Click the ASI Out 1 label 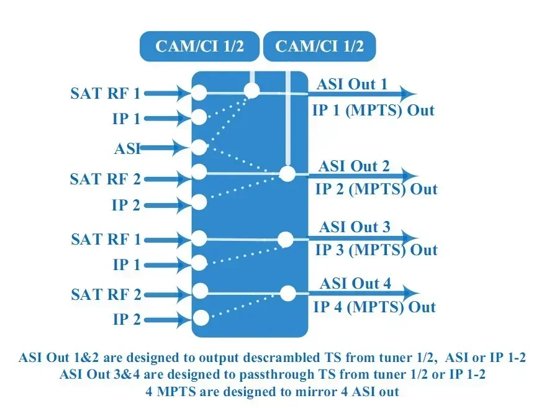click(x=351, y=84)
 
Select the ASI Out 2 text click(x=354, y=166)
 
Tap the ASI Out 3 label click(x=355, y=227)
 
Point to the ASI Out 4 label click(x=355, y=283)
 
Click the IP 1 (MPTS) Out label click(x=373, y=111)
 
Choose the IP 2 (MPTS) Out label click(x=376, y=189)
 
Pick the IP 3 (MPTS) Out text click(x=376, y=250)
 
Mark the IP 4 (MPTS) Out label click(x=374, y=307)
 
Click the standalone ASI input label click(x=127, y=148)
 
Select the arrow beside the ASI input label click(x=165, y=148)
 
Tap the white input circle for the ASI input click(x=199, y=147)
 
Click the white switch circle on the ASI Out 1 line click(x=251, y=91)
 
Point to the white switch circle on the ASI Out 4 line click(x=288, y=293)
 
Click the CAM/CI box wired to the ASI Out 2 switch click(x=320, y=46)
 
